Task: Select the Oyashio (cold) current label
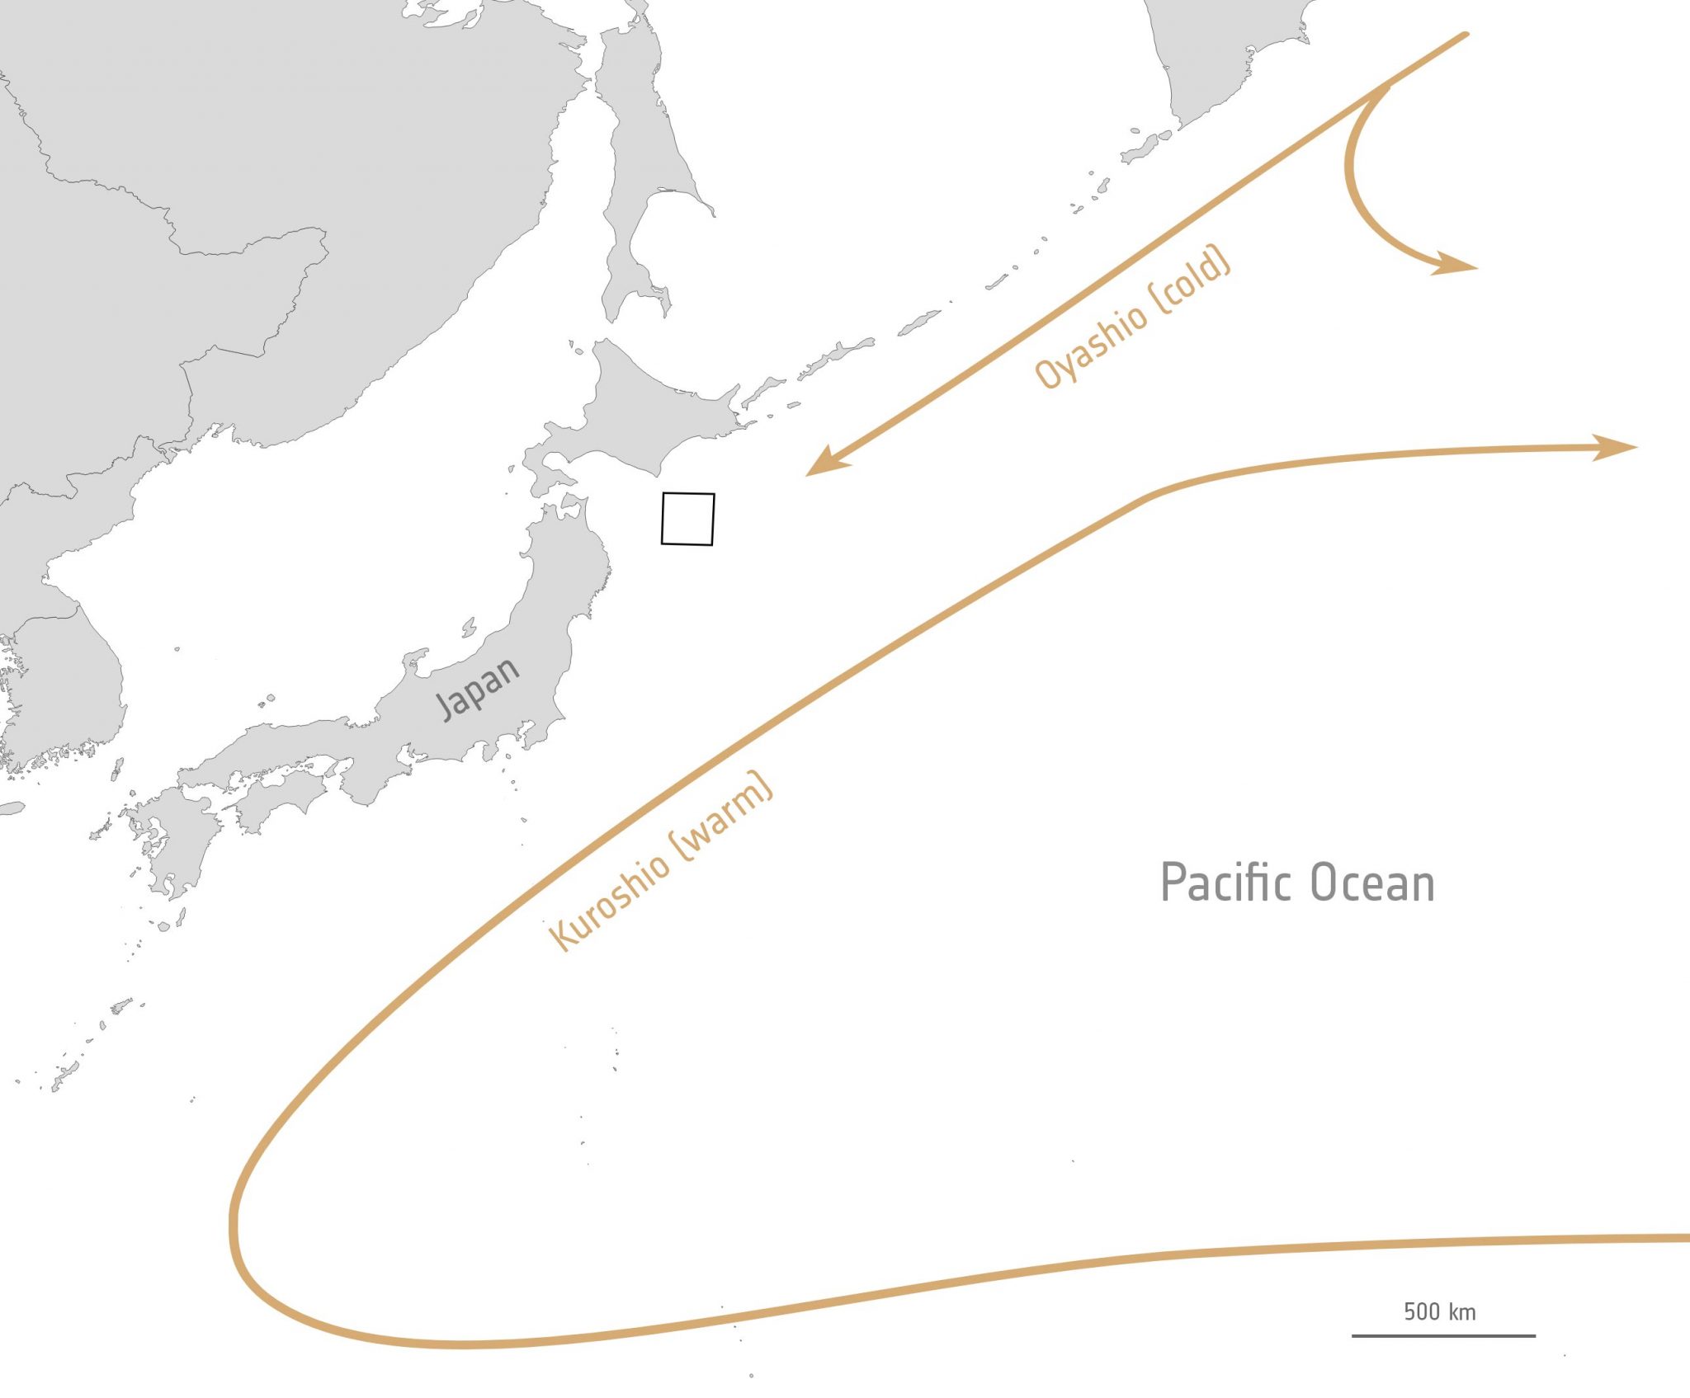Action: click(1132, 318)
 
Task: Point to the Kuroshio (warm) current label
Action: click(660, 862)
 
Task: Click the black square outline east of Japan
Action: click(687, 519)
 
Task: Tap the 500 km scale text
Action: click(1439, 1311)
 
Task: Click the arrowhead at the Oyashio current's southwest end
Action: click(821, 464)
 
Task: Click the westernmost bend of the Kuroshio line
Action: click(234, 1221)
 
